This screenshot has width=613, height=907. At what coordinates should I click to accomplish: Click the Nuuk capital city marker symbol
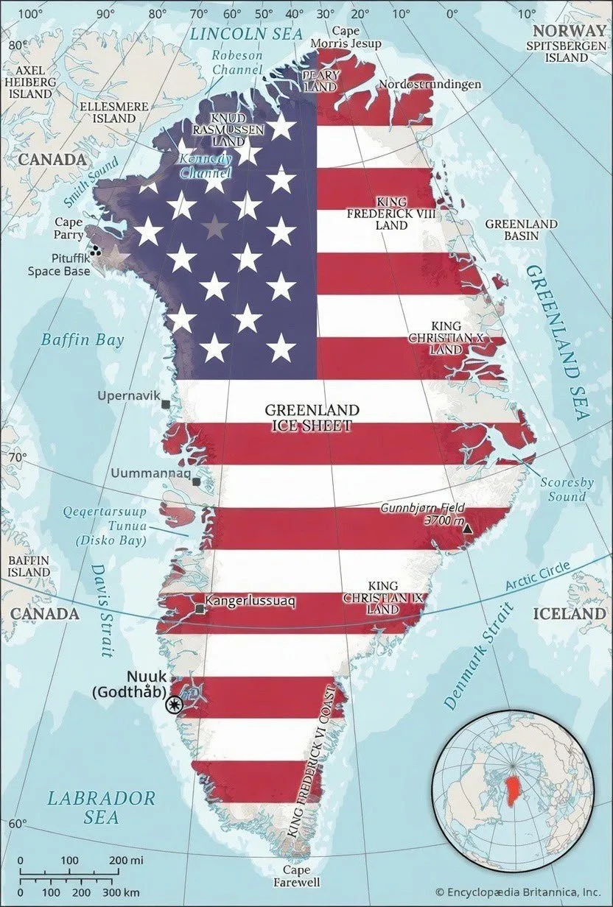pos(175,705)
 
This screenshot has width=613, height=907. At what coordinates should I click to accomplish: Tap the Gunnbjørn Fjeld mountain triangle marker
pos(466,528)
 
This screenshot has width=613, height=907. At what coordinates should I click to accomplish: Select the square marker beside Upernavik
pos(165,404)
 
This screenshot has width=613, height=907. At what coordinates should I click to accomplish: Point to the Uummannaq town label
pos(147,473)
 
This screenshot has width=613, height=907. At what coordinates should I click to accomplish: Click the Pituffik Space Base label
pos(59,265)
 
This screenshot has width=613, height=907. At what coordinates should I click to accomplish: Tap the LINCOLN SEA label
pos(235,33)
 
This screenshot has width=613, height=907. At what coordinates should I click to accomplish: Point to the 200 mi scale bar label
pos(127,860)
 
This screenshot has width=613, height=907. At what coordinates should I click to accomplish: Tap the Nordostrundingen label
pos(430,85)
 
